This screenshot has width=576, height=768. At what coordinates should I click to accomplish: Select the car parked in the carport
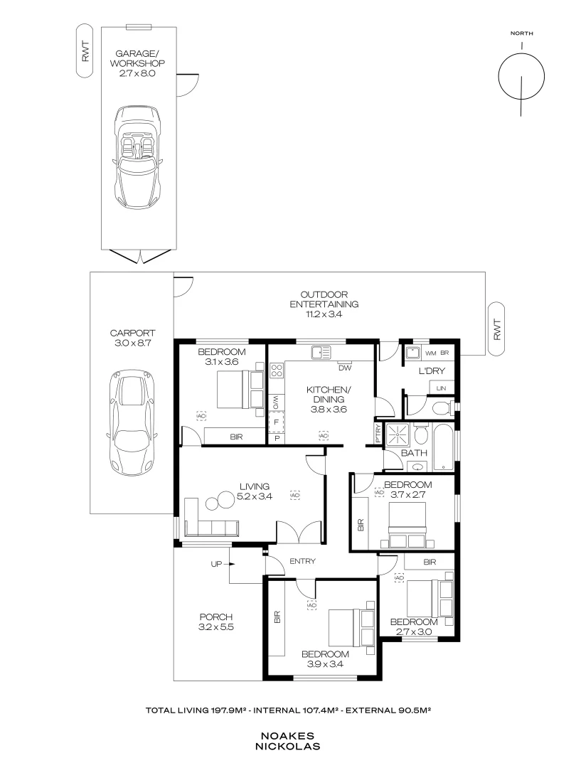132,422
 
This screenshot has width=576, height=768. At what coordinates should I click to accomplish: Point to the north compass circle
521,76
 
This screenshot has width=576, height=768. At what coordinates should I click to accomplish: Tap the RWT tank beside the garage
85,51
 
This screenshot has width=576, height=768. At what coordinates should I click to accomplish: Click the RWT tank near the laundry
496,329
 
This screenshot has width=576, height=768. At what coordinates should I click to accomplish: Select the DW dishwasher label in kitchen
345,368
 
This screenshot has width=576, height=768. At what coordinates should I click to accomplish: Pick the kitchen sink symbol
321,352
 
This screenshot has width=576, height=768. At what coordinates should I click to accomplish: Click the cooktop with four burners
276,370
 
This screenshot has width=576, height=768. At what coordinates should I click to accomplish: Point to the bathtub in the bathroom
444,448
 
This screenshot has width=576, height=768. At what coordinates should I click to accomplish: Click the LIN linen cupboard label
442,388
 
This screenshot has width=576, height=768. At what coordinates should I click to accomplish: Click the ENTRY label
303,561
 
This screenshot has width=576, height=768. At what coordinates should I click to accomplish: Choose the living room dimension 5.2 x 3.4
255,496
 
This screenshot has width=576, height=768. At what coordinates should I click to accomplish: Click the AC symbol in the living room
295,495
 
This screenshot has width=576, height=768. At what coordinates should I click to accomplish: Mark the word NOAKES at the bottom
287,736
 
